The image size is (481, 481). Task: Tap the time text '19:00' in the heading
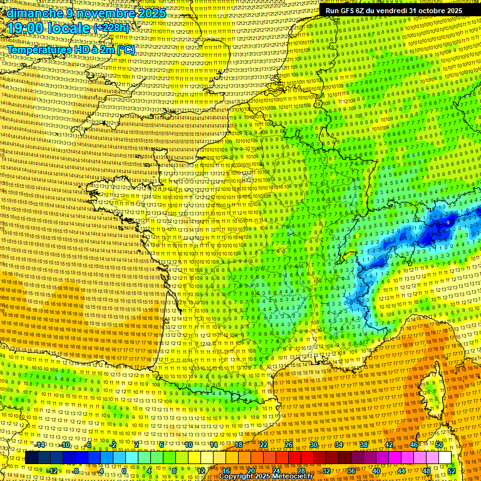[x=24, y=29]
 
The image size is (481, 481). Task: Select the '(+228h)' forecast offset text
[x=112, y=29]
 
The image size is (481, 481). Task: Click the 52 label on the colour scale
[x=452, y=471]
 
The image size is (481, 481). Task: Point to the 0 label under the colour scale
[x=124, y=471]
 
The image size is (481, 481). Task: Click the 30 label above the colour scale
[x=314, y=445]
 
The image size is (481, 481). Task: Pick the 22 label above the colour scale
[x=264, y=445]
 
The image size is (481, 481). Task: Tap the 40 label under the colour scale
[x=376, y=471]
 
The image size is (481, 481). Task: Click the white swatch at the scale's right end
[x=445, y=458]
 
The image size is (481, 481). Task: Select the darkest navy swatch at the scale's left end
[x=31, y=458]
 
